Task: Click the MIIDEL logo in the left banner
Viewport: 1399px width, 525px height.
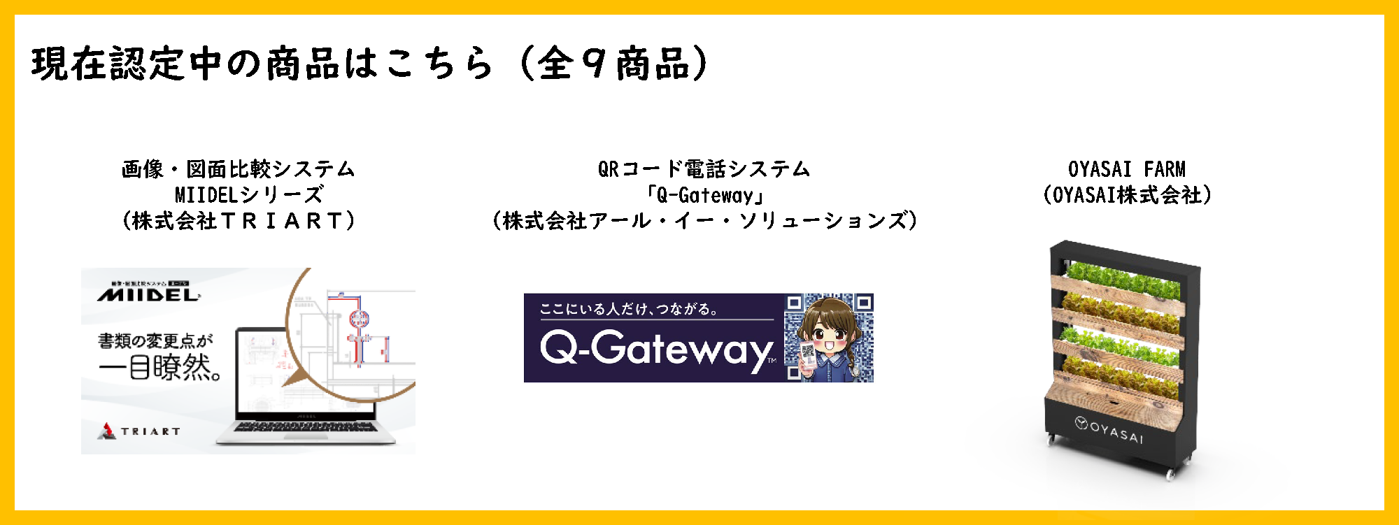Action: pyautogui.click(x=148, y=295)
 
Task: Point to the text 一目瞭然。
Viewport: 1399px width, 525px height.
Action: pyautogui.click(x=160, y=367)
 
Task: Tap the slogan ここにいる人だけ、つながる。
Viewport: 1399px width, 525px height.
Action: pyautogui.click(x=629, y=309)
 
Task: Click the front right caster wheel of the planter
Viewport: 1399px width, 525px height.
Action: pyautogui.click(x=1170, y=475)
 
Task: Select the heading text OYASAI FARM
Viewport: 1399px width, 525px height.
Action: pyautogui.click(x=1126, y=169)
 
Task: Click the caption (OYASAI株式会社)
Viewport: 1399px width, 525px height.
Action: pyautogui.click(x=1126, y=195)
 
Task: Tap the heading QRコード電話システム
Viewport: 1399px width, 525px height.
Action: pyautogui.click(x=704, y=169)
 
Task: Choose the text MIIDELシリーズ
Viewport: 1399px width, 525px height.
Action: pyautogui.click(x=249, y=195)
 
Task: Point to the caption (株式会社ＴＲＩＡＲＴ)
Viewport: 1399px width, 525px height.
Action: pyautogui.click(x=239, y=221)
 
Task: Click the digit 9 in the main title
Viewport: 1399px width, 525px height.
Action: pyautogui.click(x=594, y=64)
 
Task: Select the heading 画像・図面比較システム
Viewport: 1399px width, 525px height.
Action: pyautogui.click(x=239, y=169)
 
